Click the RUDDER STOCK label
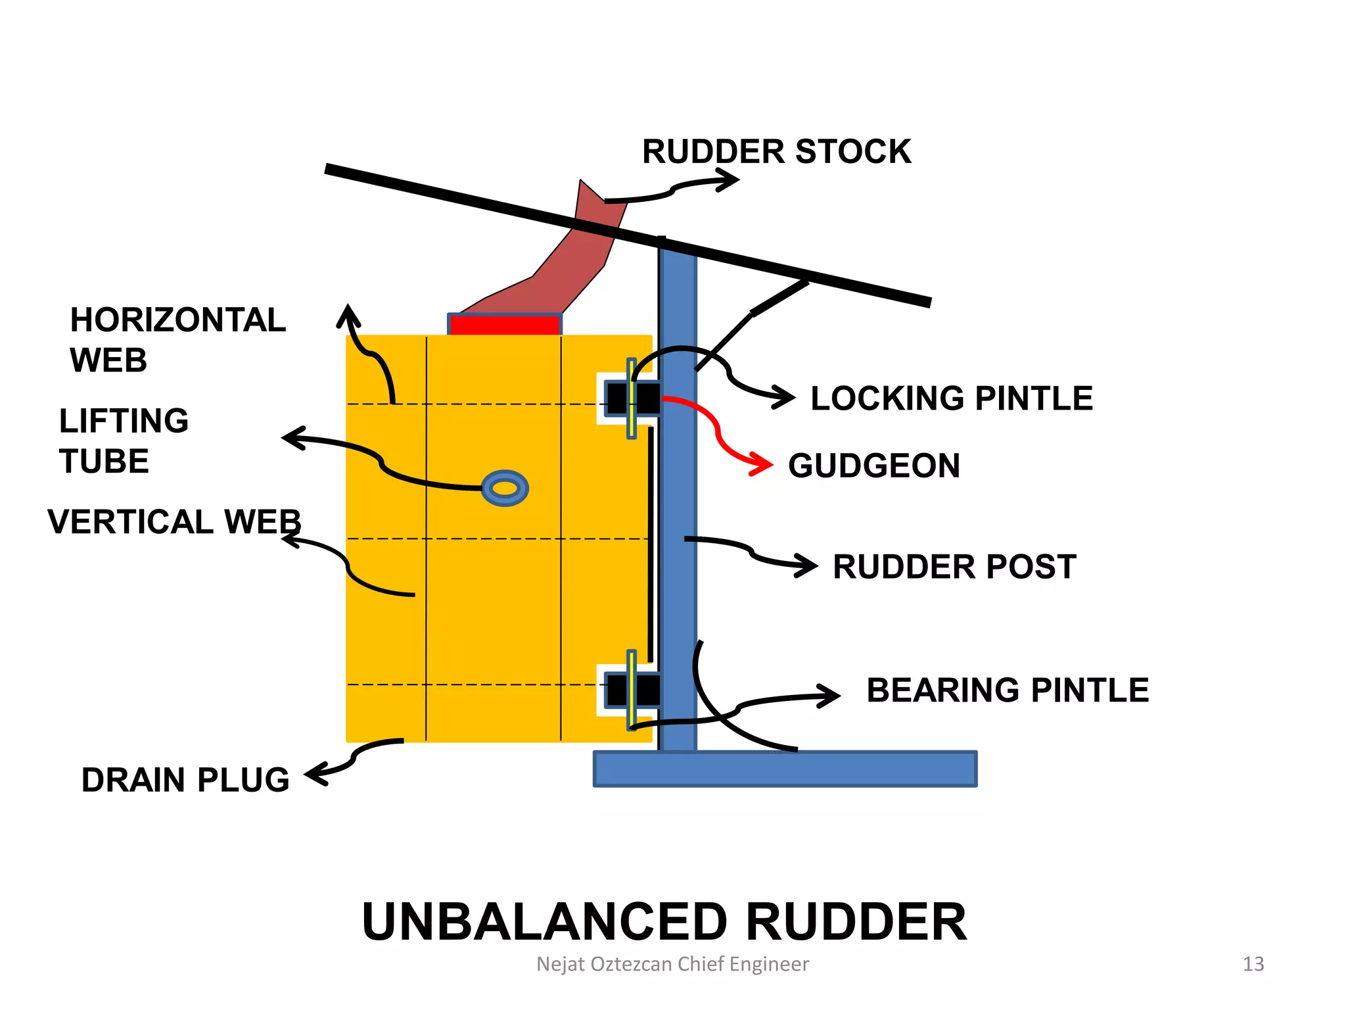[776, 152]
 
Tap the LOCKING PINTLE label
[951, 398]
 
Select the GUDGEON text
[874, 466]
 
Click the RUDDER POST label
[954, 567]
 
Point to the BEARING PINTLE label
[1008, 690]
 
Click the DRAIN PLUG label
[185, 780]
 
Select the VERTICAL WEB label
[174, 522]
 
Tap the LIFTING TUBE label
[124, 441]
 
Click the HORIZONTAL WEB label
[177, 340]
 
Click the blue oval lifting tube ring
[505, 488]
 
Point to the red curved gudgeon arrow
[720, 434]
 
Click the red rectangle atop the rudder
[505, 325]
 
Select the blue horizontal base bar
[785, 769]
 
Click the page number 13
[1253, 964]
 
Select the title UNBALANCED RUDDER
[664, 922]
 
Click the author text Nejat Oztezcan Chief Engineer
[672, 964]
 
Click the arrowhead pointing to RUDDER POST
[807, 565]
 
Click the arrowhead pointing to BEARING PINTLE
[829, 696]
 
